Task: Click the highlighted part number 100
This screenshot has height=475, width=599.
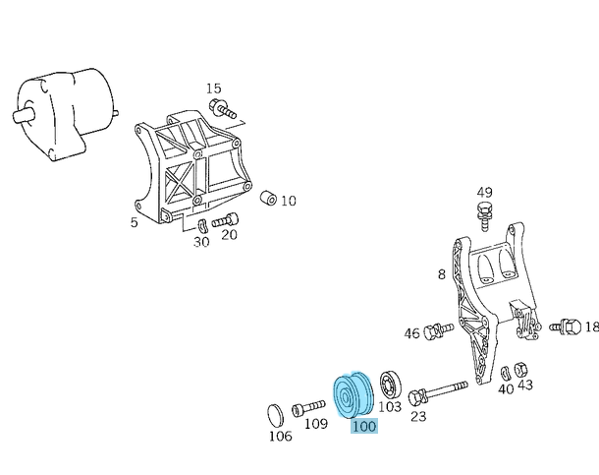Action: [364, 426]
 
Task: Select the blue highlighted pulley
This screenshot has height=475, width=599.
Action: [353, 395]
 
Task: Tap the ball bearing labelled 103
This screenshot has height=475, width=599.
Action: [391, 386]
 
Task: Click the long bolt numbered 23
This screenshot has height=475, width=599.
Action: [438, 392]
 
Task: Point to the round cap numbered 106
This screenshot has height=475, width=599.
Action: [275, 415]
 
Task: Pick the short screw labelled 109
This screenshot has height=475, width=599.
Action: [308, 408]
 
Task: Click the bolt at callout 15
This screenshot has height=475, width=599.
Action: [223, 108]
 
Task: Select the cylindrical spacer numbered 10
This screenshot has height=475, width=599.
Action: [268, 198]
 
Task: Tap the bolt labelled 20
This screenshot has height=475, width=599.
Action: [226, 220]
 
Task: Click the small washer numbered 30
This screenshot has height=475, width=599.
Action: [202, 226]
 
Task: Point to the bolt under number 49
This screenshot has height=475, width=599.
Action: [485, 215]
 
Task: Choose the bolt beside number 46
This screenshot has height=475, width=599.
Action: [438, 330]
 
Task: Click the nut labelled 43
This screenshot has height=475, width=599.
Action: [520, 370]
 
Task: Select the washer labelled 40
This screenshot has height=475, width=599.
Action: [506, 373]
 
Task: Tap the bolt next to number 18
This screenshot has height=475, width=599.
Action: [566, 327]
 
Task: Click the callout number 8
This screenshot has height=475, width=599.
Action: [442, 274]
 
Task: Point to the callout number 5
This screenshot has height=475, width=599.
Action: [134, 222]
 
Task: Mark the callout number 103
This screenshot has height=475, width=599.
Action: [390, 406]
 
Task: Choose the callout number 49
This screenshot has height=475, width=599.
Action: [484, 193]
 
